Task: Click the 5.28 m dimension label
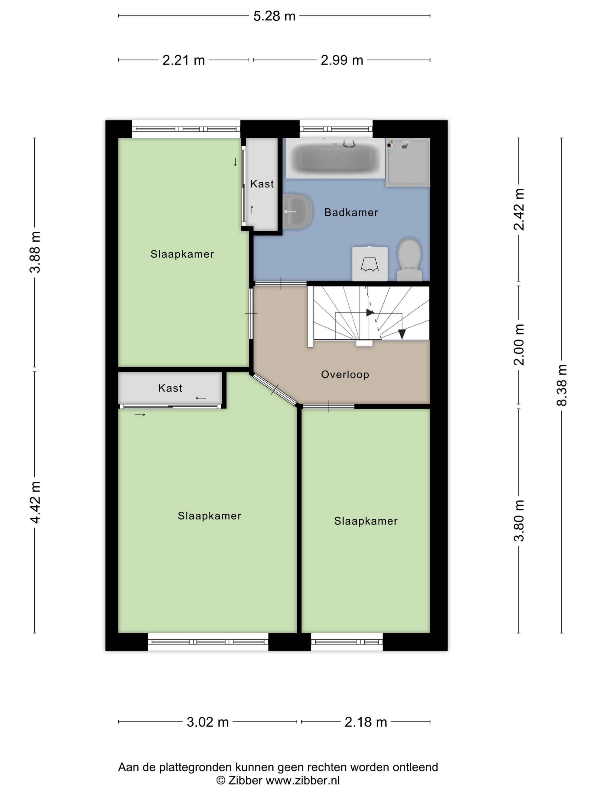274,16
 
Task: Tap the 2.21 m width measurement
183,60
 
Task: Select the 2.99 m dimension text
342,60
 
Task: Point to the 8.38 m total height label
561,385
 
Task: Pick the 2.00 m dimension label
519,344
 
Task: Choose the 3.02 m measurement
208,722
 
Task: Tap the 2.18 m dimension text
366,722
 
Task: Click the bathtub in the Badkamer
335,158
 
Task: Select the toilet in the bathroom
409,260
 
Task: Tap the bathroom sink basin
297,212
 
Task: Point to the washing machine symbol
370,263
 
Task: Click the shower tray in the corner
408,162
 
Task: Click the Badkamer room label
351,212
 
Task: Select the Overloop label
345,375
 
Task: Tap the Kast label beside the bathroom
262,184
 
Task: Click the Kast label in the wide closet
170,388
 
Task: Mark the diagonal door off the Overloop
275,390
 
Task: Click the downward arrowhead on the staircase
402,334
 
